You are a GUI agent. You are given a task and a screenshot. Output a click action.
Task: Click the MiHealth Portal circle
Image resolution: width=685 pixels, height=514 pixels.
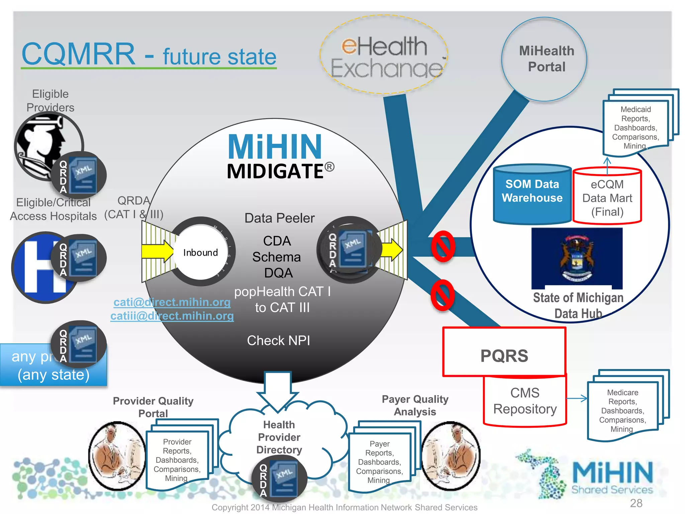tap(544, 59)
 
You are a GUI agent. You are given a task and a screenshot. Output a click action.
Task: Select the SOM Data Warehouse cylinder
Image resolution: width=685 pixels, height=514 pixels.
tap(532, 193)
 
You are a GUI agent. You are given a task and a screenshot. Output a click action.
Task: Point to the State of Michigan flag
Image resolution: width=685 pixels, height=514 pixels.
tap(577, 258)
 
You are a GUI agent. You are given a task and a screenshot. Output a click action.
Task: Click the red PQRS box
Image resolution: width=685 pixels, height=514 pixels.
tap(504, 352)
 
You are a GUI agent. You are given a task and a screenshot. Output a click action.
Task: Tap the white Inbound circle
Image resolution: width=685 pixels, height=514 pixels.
tap(200, 252)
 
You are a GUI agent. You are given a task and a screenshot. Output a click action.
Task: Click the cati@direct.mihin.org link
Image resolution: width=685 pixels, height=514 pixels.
tap(172, 302)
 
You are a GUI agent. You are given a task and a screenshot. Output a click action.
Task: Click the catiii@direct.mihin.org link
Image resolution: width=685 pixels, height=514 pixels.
tap(172, 316)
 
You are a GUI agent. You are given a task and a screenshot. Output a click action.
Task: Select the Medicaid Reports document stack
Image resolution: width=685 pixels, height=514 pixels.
tap(635, 127)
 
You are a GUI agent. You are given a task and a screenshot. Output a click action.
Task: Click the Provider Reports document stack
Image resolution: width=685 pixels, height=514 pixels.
tap(177, 459)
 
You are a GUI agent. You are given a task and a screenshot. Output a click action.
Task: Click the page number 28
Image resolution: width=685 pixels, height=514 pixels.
tap(636, 503)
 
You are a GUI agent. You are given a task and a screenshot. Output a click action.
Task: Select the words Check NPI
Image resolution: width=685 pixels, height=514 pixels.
tap(278, 341)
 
